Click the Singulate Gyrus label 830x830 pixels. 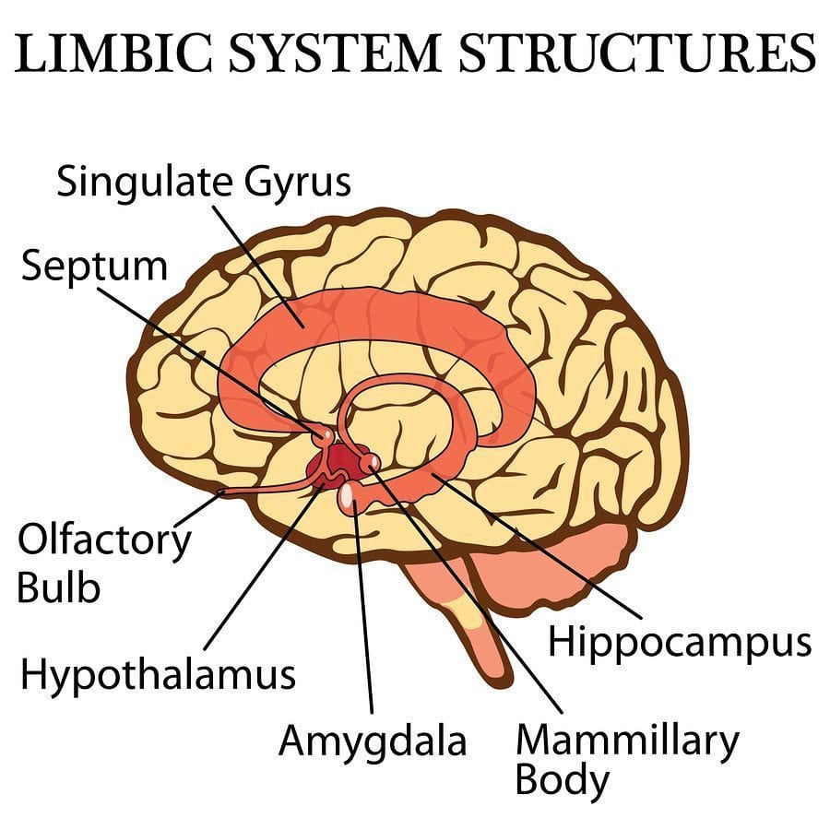[204, 183]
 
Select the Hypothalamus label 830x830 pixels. [158, 674]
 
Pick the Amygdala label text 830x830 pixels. [373, 741]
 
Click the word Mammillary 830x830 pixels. [627, 739]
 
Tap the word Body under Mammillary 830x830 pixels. [562, 781]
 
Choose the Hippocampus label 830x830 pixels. [679, 642]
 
